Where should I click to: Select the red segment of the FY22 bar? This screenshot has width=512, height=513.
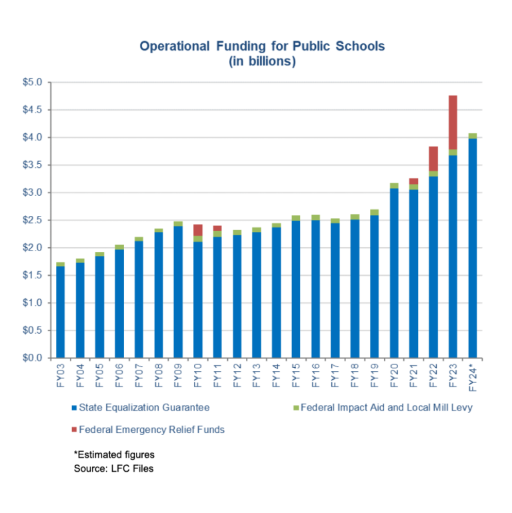coord(433,159)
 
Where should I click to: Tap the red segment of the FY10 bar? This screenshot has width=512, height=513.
coord(198,230)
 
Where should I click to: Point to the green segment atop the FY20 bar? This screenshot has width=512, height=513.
coord(394,185)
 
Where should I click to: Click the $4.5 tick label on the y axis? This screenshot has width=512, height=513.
coord(33,110)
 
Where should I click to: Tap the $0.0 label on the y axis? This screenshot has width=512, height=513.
coord(33,358)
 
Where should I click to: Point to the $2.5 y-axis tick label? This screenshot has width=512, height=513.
coord(33,220)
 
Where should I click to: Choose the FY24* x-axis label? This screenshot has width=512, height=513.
coord(473,376)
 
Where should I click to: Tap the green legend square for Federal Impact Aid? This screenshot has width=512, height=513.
coord(295,407)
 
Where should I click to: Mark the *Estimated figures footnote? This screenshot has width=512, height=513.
coord(114,454)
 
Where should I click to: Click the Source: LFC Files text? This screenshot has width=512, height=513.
coord(109,469)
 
